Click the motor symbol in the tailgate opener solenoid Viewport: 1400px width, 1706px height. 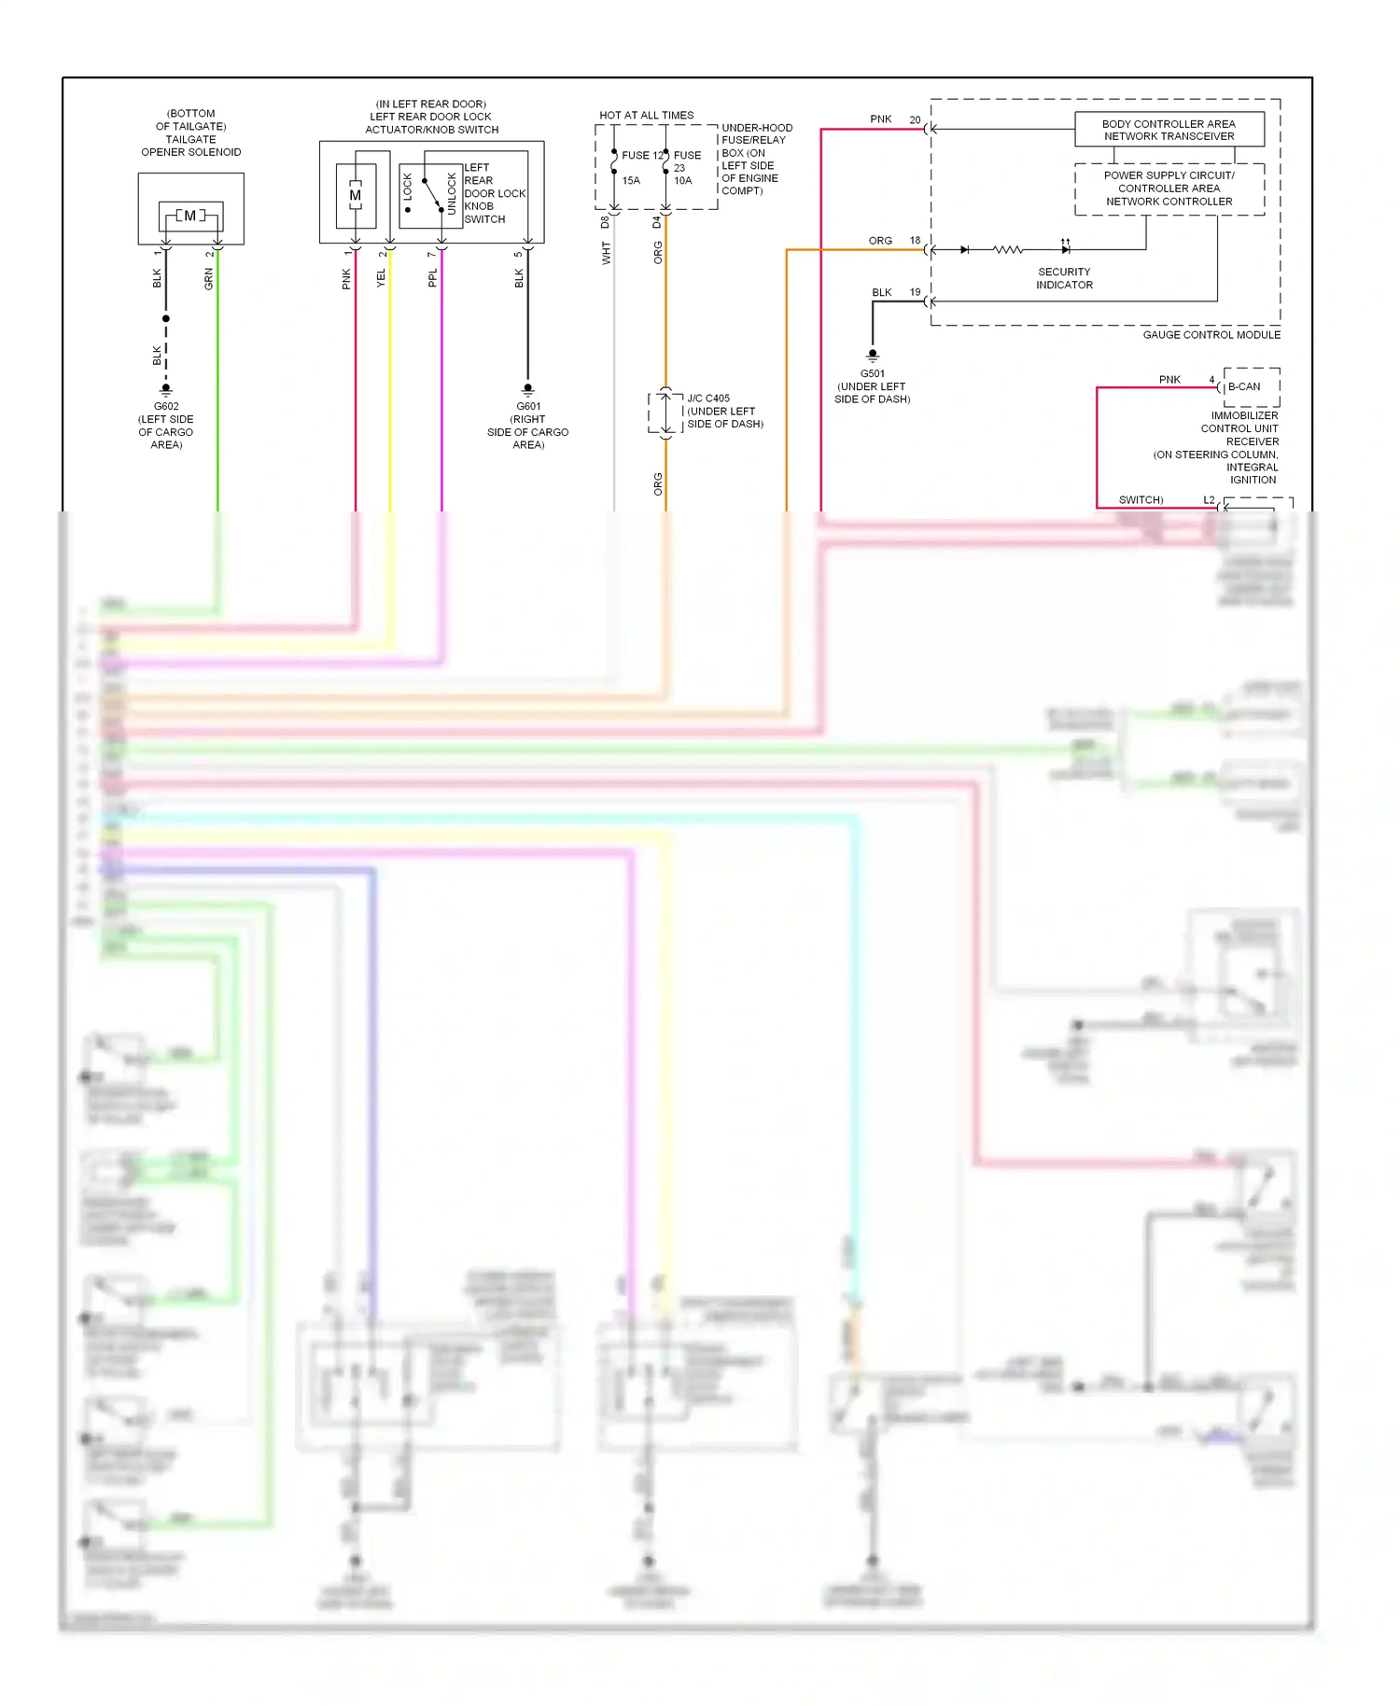pyautogui.click(x=190, y=216)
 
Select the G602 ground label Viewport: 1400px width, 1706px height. pyautogui.click(x=166, y=406)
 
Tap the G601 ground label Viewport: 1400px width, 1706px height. pyautogui.click(x=528, y=406)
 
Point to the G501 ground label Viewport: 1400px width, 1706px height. pyautogui.click(x=873, y=373)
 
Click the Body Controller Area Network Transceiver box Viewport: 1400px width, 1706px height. pyautogui.click(x=1169, y=130)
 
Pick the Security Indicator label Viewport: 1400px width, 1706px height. pyautogui.click(x=1064, y=278)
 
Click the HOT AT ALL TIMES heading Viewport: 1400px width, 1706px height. pyautogui.click(x=646, y=115)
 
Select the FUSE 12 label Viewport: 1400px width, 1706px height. pyautogui.click(x=642, y=155)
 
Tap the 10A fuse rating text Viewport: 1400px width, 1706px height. pyautogui.click(x=683, y=180)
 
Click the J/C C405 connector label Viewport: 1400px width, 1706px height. pyautogui.click(x=708, y=398)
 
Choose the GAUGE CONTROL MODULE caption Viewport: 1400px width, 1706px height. pyautogui.click(x=1211, y=334)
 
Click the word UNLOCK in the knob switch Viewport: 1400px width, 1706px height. pyautogui.click(x=453, y=193)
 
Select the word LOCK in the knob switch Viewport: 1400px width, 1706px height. pyautogui.click(x=408, y=188)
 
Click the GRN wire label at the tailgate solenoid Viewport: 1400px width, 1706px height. pyautogui.click(x=209, y=278)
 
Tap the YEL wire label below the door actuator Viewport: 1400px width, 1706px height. pyautogui.click(x=381, y=278)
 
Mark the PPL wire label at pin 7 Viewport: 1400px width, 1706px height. pyautogui.click(x=432, y=278)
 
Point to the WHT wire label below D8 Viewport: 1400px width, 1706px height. pyautogui.click(x=606, y=253)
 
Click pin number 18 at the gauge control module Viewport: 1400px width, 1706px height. pyautogui.click(x=915, y=240)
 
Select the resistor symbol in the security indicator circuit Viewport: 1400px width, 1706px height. pyautogui.click(x=1008, y=249)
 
